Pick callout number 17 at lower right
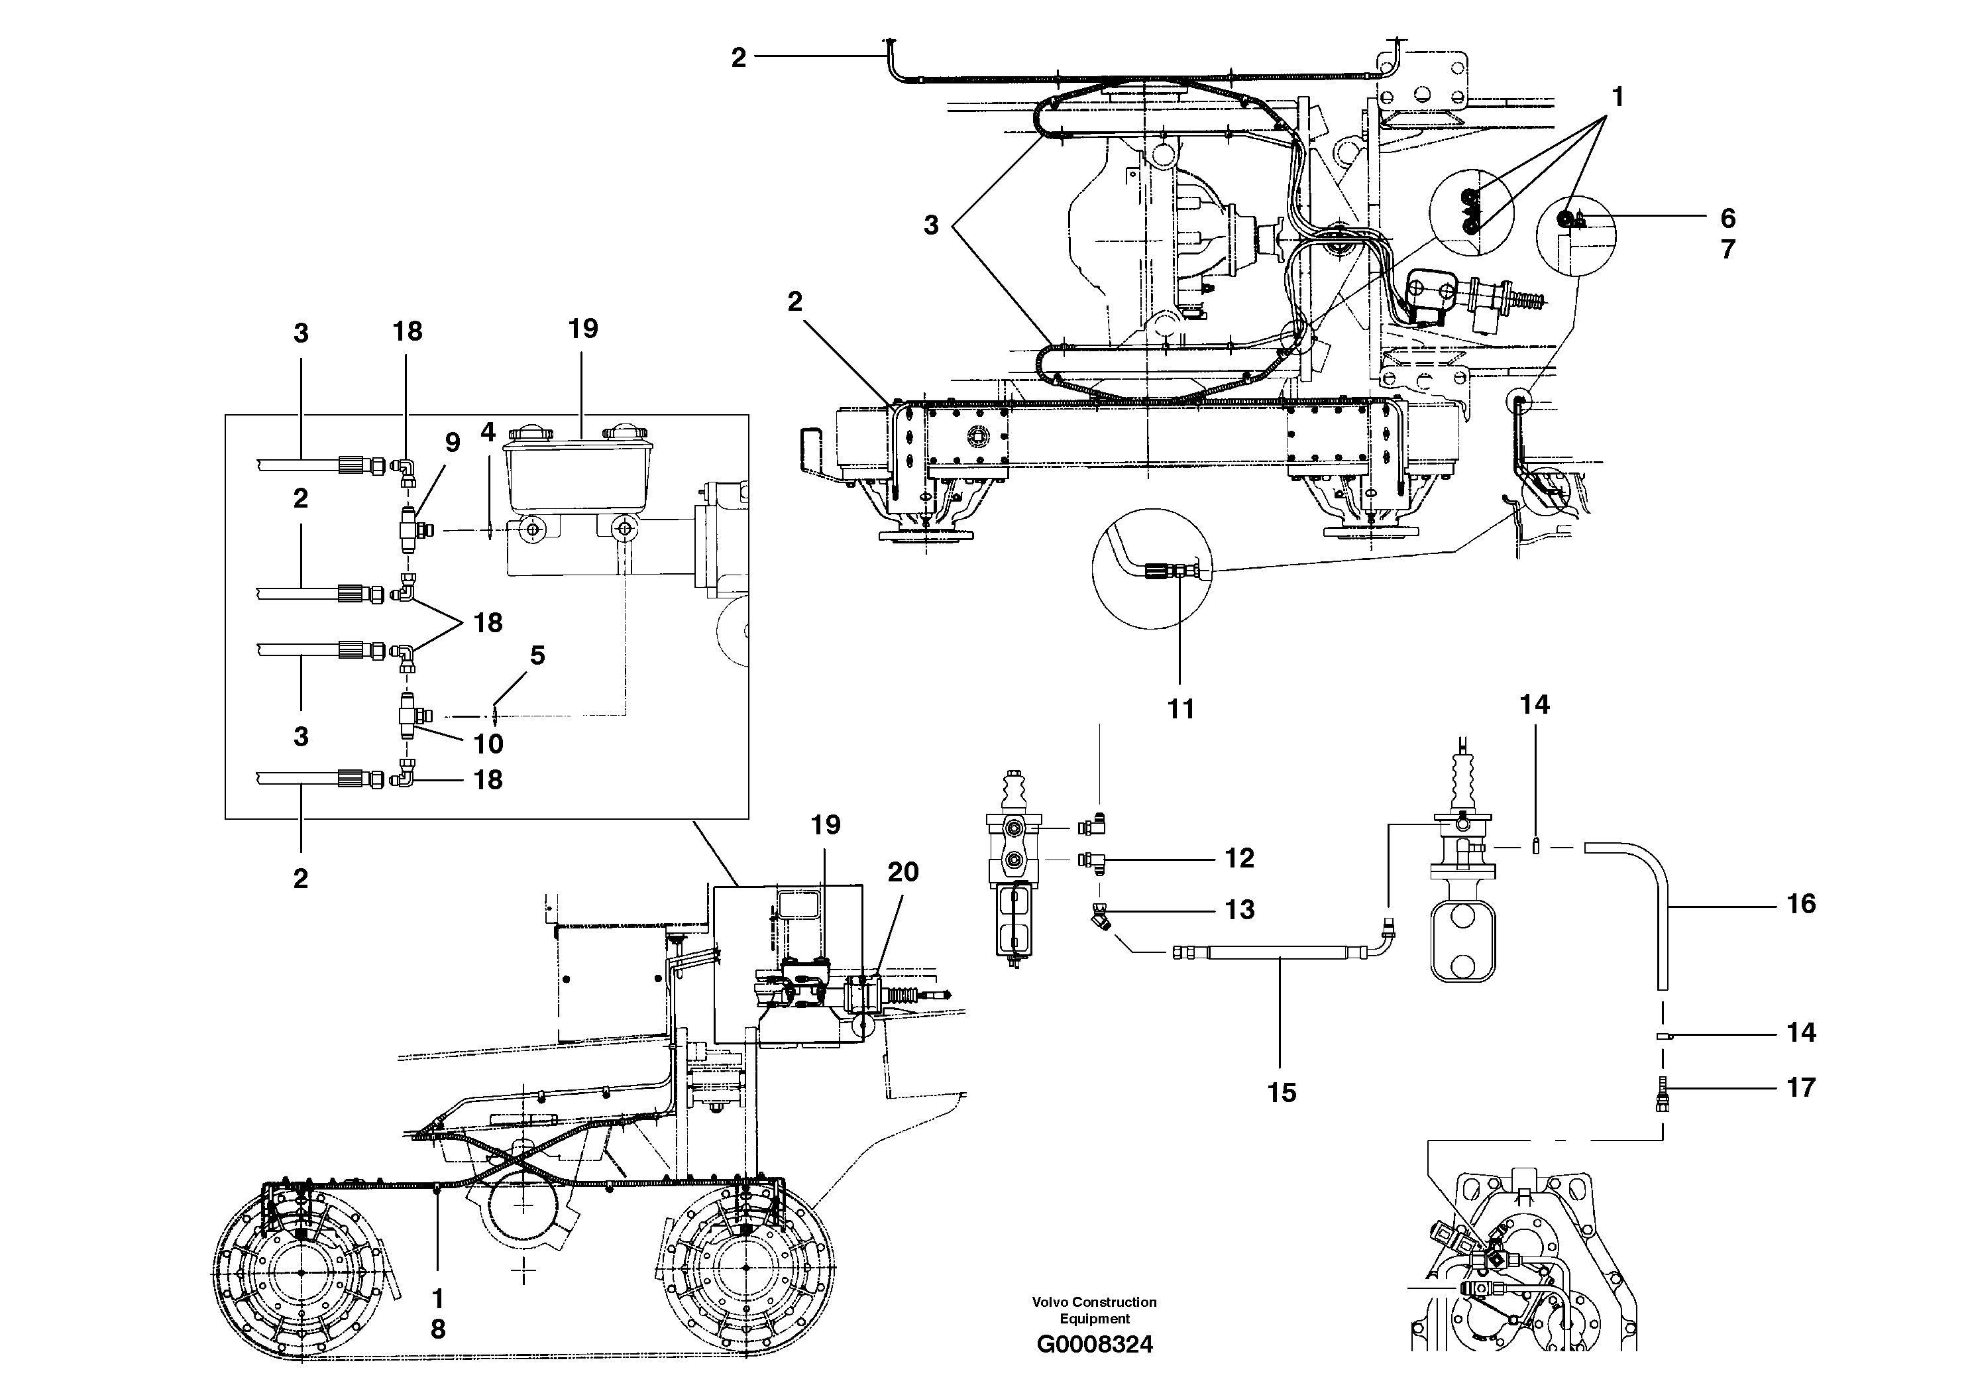click(x=1801, y=1087)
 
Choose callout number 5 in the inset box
click(x=537, y=655)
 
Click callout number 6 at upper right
click(x=1728, y=217)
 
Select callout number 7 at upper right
click(x=1728, y=249)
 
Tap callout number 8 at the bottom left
click(x=438, y=1329)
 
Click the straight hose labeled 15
click(x=1280, y=952)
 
